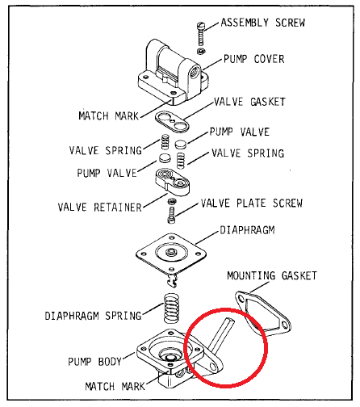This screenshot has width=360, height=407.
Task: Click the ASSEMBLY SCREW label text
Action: pyautogui.click(x=262, y=23)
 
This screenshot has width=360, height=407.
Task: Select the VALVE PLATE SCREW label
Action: pyautogui.click(x=251, y=203)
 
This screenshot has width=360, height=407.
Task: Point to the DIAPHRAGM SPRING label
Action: pyautogui.click(x=93, y=315)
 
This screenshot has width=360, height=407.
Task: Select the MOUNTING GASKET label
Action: pyautogui.click(x=271, y=275)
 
